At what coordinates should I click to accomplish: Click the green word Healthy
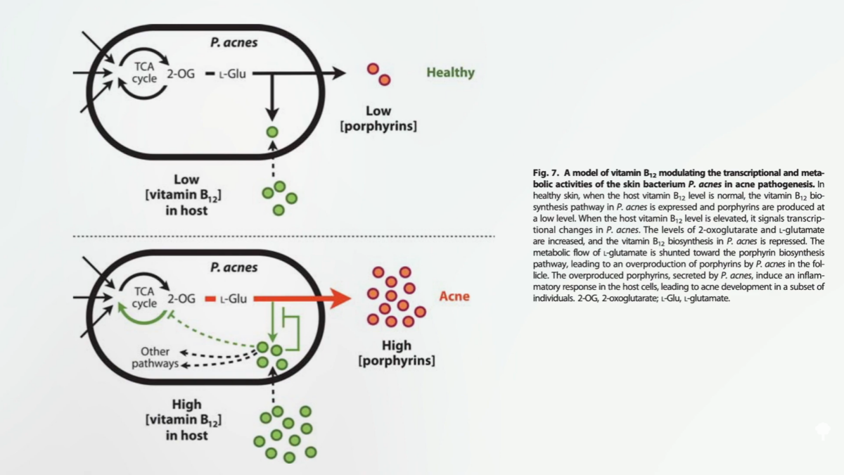point(450,72)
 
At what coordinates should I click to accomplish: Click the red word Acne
point(454,296)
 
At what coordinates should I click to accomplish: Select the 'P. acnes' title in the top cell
point(234,43)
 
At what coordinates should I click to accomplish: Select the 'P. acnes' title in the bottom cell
point(234,267)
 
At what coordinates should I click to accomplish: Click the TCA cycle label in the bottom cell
point(144,298)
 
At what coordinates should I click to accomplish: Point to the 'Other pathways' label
point(155,357)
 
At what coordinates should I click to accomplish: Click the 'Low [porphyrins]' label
point(378,118)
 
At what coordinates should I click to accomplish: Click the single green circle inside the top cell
point(272,132)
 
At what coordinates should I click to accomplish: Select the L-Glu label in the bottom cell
point(234,299)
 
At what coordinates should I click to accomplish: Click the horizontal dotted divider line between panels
point(281,236)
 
